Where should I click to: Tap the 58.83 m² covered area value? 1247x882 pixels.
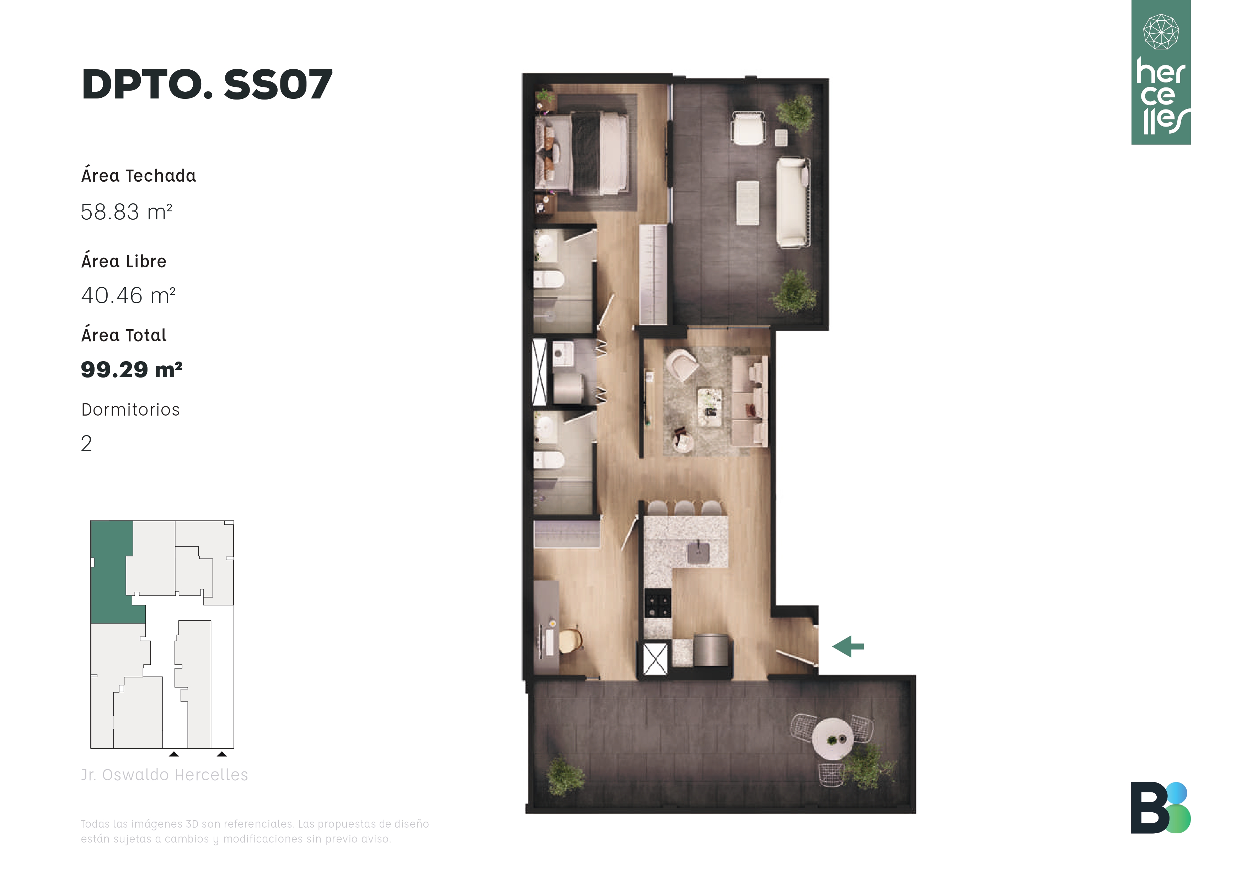(x=127, y=212)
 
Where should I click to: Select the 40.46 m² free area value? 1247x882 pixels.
(x=128, y=295)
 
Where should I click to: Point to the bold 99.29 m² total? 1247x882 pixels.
(x=132, y=369)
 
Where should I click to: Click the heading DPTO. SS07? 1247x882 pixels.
(x=207, y=85)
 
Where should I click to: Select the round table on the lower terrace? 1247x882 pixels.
(x=832, y=739)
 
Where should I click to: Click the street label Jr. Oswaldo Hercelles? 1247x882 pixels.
(x=165, y=775)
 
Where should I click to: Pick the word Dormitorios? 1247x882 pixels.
(x=130, y=410)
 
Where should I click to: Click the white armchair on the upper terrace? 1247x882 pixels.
(x=748, y=128)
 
